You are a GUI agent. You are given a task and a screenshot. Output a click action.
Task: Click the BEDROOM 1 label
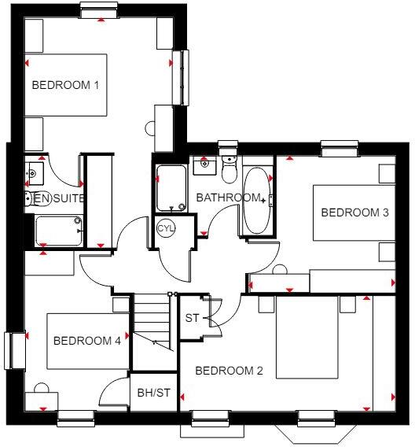click(65, 85)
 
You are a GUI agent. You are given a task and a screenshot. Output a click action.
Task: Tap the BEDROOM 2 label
click(230, 371)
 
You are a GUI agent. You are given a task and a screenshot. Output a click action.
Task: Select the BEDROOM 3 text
click(354, 212)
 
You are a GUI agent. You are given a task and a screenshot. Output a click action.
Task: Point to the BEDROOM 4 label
click(87, 341)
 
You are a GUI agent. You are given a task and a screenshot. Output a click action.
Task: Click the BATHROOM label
click(227, 197)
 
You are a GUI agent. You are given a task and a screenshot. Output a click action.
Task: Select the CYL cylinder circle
click(165, 228)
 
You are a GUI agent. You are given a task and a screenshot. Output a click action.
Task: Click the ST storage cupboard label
click(192, 319)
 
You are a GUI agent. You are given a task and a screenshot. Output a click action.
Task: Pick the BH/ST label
click(153, 393)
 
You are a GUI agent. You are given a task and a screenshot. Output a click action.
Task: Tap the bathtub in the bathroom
click(255, 200)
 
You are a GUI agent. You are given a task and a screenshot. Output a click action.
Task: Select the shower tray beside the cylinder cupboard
click(171, 189)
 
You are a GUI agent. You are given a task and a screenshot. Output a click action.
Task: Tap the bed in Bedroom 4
click(86, 341)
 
